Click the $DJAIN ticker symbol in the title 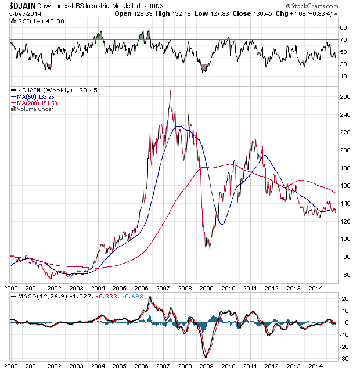pos(24,5)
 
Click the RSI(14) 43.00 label pos(33,21)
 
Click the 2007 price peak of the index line pos(170,91)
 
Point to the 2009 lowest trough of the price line pos(209,250)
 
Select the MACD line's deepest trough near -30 pos(206,356)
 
